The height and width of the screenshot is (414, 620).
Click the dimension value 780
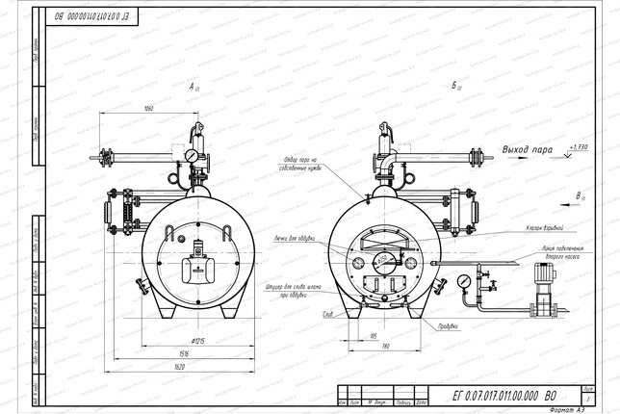pyautogui.click(x=384, y=346)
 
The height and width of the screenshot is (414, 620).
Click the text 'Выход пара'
pyautogui.click(x=529, y=149)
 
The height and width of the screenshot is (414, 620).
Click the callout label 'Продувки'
pyautogui.click(x=449, y=327)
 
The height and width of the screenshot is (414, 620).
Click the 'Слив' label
pyautogui.click(x=328, y=314)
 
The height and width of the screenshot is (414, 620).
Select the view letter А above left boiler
pyautogui.click(x=194, y=87)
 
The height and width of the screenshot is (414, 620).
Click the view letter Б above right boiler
pyautogui.click(x=452, y=86)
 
